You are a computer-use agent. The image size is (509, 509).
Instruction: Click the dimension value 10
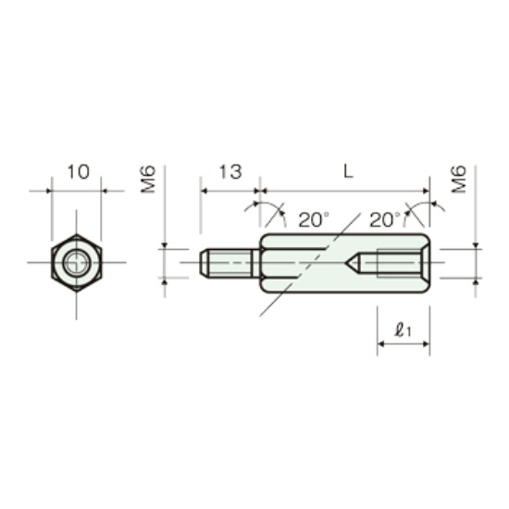pyautogui.click(x=78, y=172)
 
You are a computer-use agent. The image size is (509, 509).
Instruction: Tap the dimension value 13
pyautogui.click(x=230, y=172)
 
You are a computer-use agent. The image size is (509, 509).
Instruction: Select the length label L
pyautogui.click(x=348, y=172)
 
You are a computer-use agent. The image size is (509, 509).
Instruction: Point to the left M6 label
pyautogui.click(x=148, y=180)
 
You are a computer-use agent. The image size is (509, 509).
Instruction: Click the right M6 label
pyautogui.click(x=459, y=180)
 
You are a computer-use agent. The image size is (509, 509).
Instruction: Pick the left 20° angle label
pyautogui.click(x=314, y=219)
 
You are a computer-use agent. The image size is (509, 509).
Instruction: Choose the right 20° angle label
pyautogui.click(x=385, y=219)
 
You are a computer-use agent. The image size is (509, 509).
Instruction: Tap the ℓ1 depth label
pyautogui.click(x=403, y=330)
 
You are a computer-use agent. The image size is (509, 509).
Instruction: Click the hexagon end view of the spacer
pyautogui.click(x=76, y=263)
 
